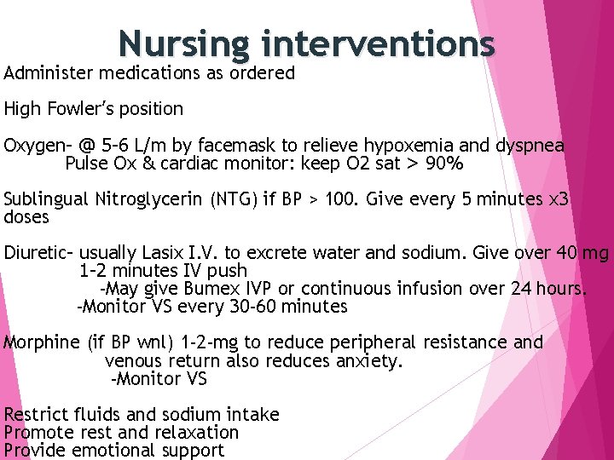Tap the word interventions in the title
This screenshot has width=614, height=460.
379,43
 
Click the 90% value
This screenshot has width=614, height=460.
444,164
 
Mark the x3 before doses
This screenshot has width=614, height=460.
559,200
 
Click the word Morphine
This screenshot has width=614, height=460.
42,342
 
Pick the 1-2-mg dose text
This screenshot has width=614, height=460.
208,342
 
